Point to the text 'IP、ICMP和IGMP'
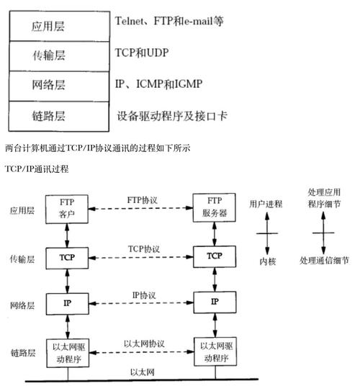click(158, 84)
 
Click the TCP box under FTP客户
click(68, 256)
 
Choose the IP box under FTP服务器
click(215, 300)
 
